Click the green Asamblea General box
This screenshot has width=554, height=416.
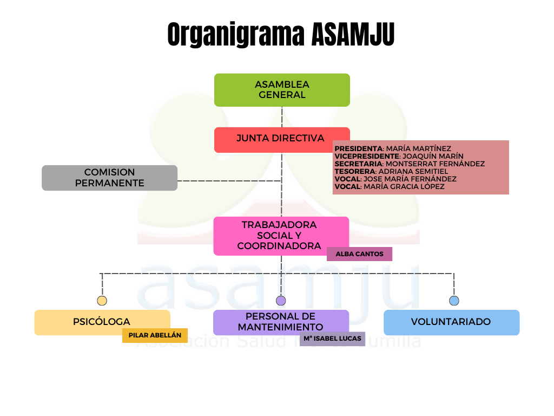pyautogui.click(x=282, y=90)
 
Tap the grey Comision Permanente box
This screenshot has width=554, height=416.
pyautogui.click(x=109, y=178)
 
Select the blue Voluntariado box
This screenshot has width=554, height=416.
pyautogui.click(x=451, y=322)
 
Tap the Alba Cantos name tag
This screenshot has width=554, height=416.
pyautogui.click(x=359, y=254)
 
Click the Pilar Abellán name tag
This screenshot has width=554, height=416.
pyautogui.click(x=155, y=335)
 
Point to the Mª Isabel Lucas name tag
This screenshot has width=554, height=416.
pyautogui.click(x=332, y=339)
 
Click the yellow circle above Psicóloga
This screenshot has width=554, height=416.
pyautogui.click(x=102, y=301)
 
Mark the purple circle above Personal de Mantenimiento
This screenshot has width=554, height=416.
pyautogui.click(x=281, y=301)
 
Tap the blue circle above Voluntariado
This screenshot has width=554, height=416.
pyautogui.click(x=454, y=301)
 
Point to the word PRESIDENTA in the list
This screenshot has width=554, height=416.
pyautogui.click(x=359, y=148)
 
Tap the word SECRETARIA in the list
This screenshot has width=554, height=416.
pyautogui.click(x=358, y=164)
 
